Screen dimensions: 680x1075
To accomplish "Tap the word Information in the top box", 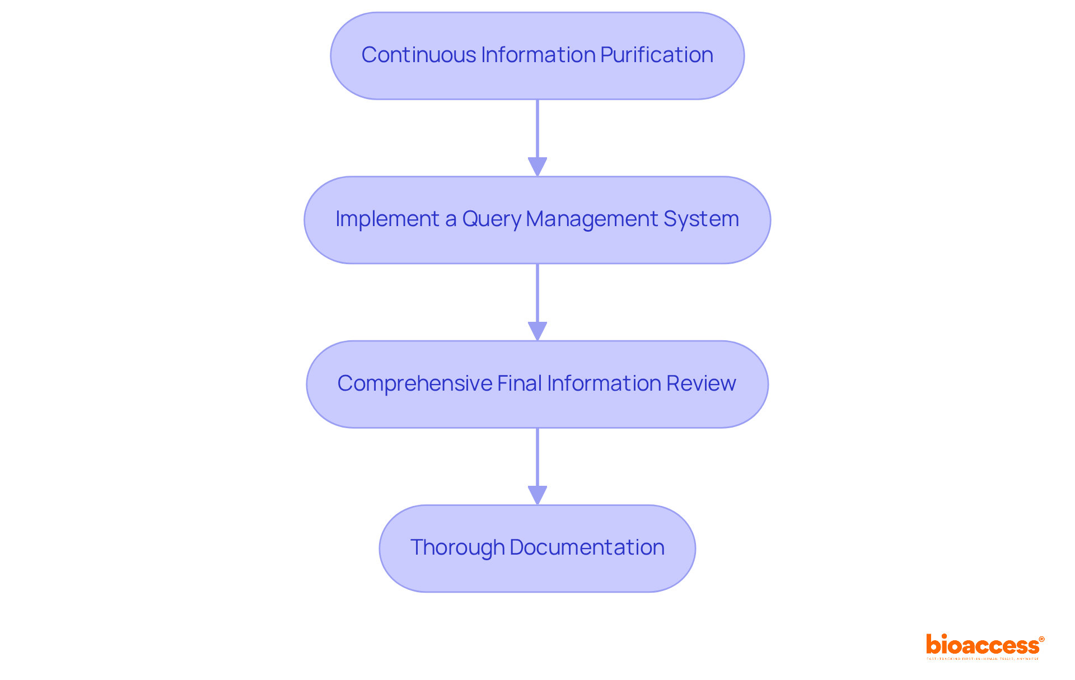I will (x=538, y=55).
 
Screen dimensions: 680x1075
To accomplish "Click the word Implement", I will (x=387, y=219).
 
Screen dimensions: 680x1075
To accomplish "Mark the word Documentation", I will (x=587, y=547).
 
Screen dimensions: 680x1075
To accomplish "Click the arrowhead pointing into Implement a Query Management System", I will (x=537, y=167).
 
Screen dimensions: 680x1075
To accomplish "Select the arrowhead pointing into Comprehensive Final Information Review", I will (x=537, y=331).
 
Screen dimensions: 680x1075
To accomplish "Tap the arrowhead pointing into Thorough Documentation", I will (x=537, y=495).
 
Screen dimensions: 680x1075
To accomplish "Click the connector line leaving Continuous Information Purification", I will (x=537, y=129).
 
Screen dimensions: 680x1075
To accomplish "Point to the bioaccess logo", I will (x=982, y=645).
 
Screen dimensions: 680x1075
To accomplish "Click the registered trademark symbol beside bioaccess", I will (x=1041, y=639).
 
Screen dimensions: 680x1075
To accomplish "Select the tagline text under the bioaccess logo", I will (x=982, y=659).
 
